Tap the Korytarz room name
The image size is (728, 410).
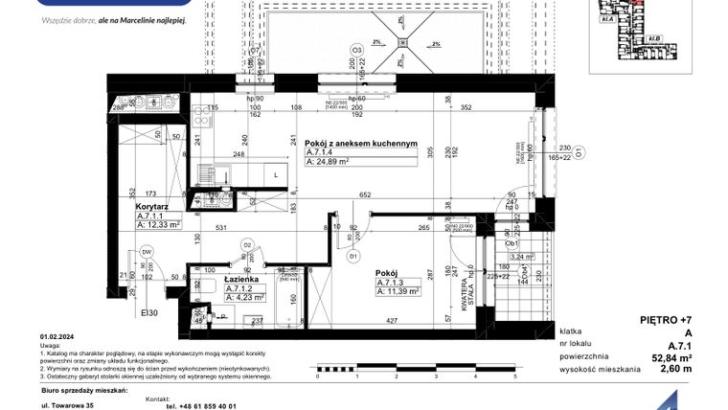[153, 206]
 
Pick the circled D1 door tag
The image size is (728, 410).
[353, 257]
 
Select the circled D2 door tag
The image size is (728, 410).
[246, 247]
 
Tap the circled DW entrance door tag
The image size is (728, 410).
[148, 252]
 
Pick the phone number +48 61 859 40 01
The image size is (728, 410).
[201, 405]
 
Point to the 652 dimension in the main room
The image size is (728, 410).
[365, 195]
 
